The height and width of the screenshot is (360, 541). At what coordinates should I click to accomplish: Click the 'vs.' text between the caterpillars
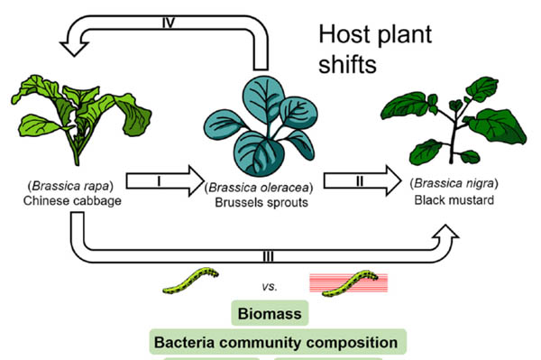(269, 286)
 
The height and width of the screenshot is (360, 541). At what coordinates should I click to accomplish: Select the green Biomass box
(269, 313)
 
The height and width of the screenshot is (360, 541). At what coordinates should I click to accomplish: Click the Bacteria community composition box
(276, 343)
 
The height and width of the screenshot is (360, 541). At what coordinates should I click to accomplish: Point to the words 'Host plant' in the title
(375, 37)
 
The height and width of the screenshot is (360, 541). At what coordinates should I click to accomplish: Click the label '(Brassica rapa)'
(66, 187)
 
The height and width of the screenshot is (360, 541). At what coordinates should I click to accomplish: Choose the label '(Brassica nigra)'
(449, 186)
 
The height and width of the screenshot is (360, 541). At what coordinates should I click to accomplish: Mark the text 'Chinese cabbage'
(66, 200)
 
